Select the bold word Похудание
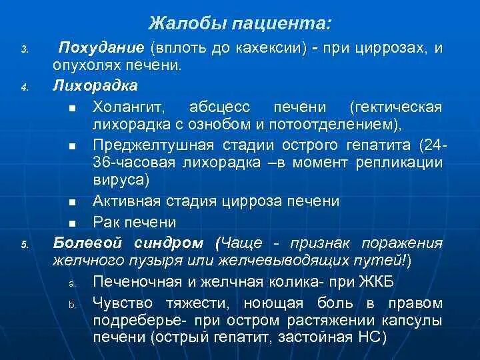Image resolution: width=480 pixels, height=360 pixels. pos(101,48)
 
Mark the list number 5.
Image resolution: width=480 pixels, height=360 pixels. pos(24,245)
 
